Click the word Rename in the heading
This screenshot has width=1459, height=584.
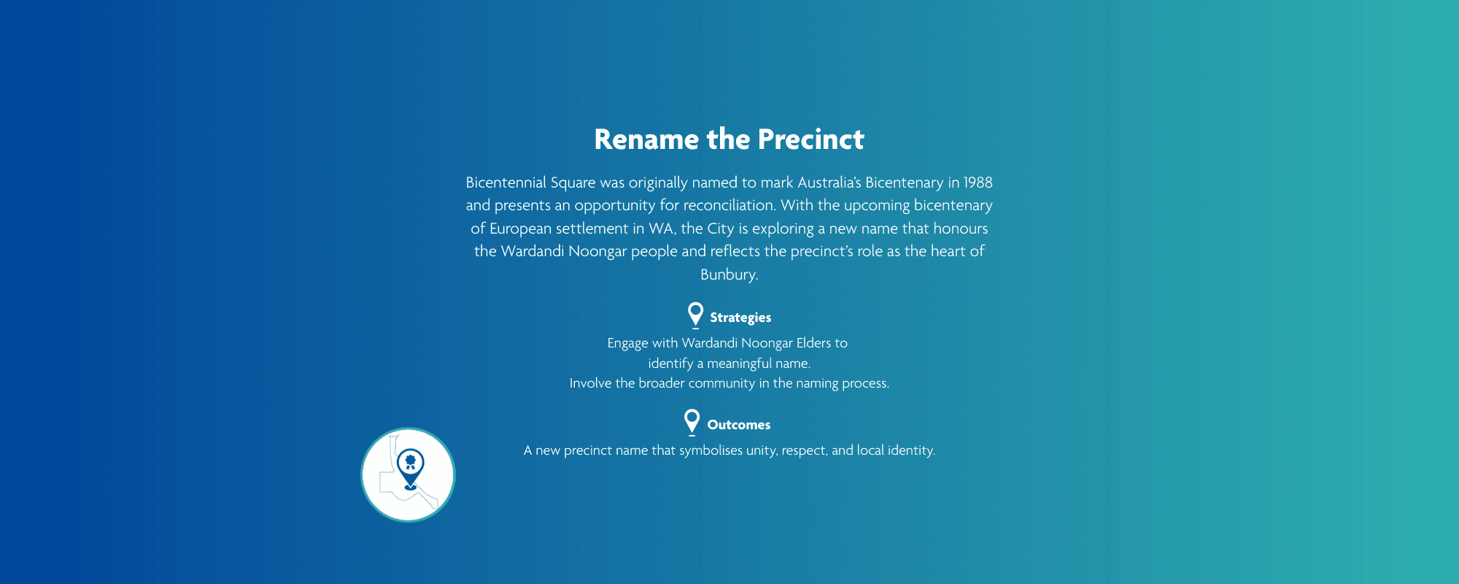646,139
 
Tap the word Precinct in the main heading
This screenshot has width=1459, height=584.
811,139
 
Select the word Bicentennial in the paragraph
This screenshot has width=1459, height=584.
506,182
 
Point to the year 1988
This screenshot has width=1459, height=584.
978,182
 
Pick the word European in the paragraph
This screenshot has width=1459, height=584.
521,228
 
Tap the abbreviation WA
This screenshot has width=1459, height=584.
662,228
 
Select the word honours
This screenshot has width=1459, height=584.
961,228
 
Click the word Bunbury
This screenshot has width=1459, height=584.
728,274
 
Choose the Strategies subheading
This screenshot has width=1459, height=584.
740,318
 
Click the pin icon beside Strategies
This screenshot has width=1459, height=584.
696,315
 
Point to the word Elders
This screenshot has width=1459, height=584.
813,343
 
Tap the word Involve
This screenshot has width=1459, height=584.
591,383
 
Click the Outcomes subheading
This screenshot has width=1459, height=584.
739,425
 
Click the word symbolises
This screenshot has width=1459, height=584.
711,450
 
